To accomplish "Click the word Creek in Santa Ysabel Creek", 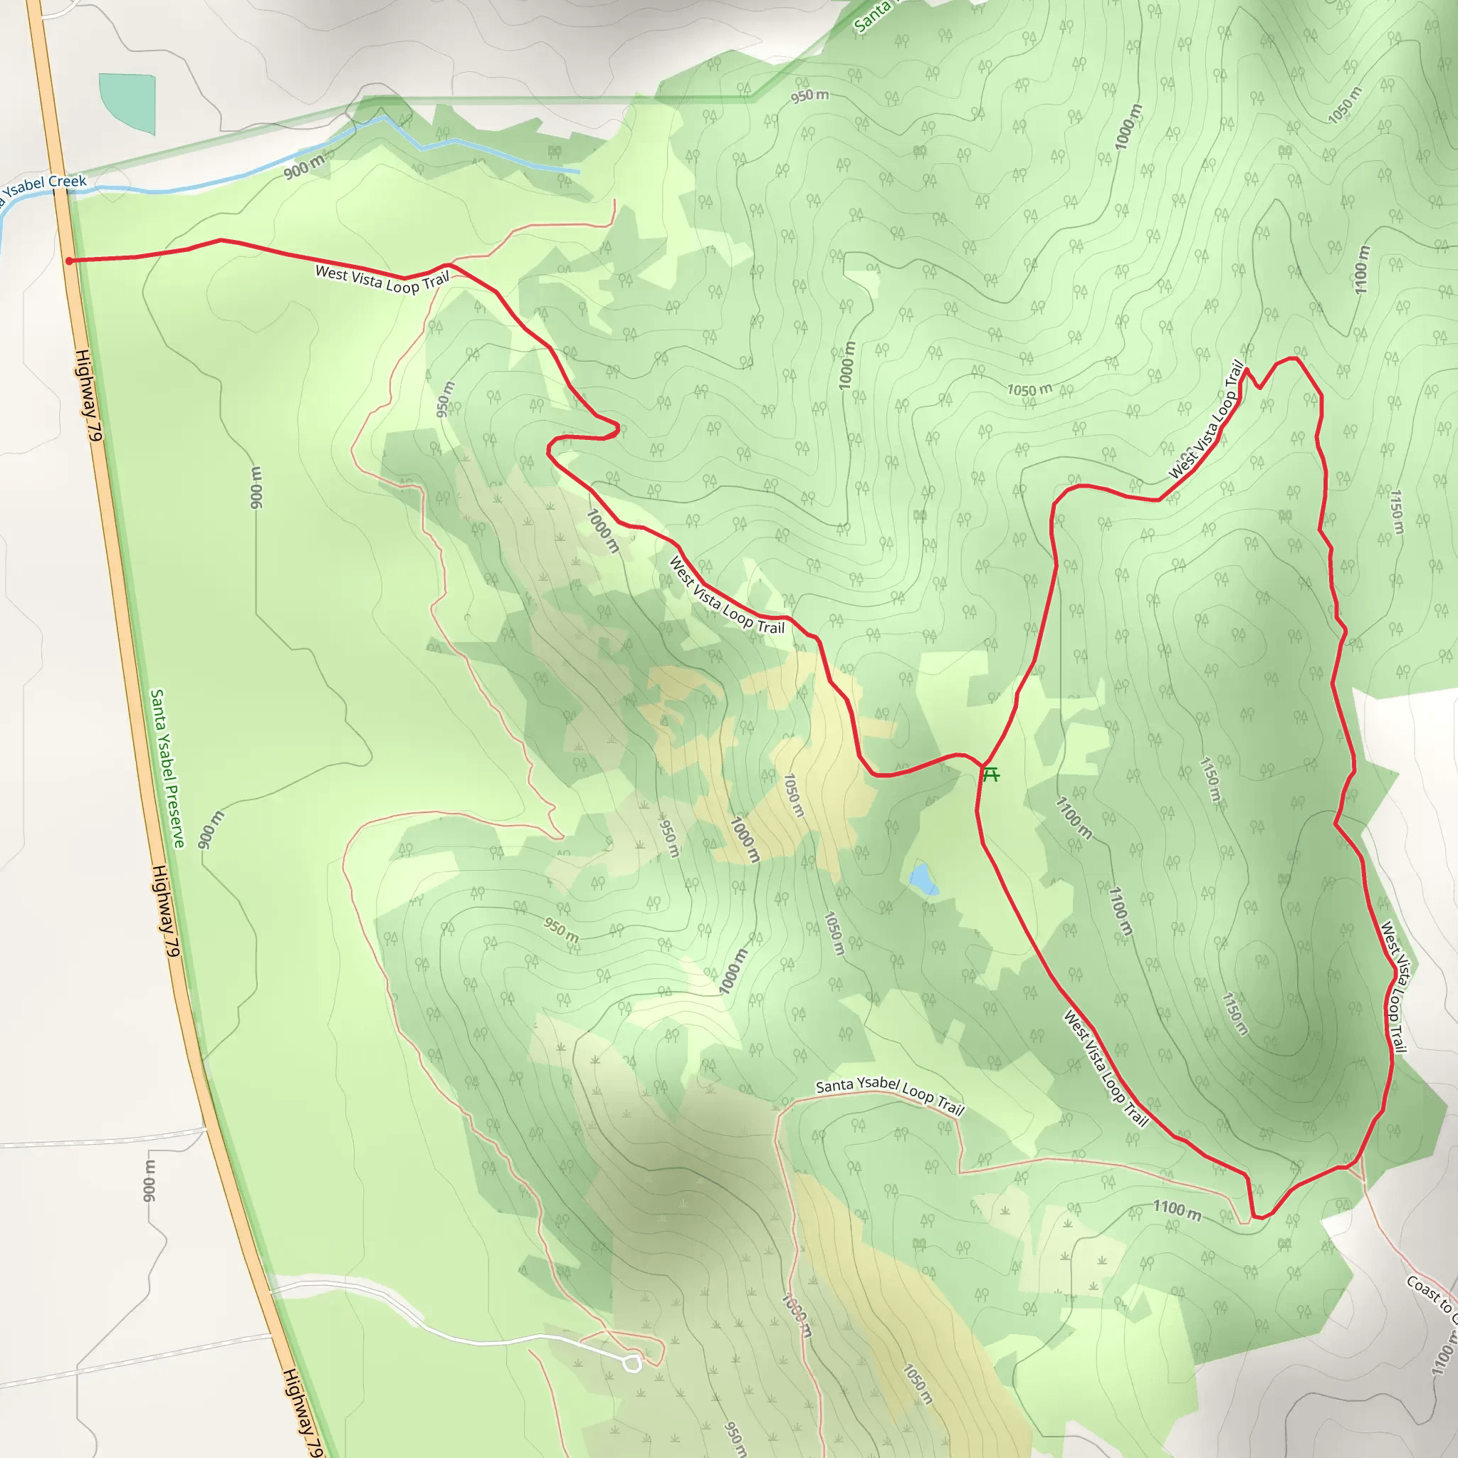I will coord(68,182).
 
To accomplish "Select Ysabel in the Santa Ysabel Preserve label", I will coord(164,755).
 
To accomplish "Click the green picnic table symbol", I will coord(991,775).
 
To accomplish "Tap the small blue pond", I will coord(922,879).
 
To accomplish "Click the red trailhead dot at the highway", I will coord(68,261).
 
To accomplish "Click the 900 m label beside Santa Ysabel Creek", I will coord(304,167).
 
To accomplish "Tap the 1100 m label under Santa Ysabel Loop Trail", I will coord(1177,1210).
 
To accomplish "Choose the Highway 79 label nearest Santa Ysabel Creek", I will coord(88,394).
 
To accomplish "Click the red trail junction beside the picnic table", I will coord(982,765).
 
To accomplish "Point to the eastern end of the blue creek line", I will coord(579,172).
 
